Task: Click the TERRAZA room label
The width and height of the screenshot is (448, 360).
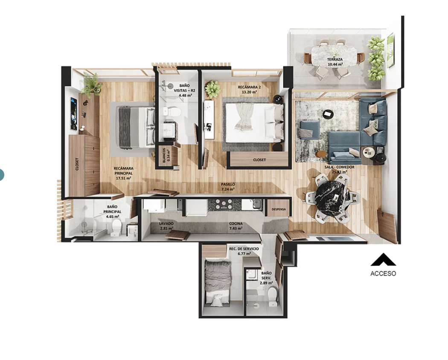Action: click(335, 59)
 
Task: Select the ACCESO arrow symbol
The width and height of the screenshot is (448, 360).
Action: click(383, 259)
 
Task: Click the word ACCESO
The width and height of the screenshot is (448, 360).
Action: click(383, 273)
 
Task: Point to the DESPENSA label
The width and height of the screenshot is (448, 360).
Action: click(279, 209)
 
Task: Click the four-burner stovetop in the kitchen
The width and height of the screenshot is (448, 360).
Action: click(224, 205)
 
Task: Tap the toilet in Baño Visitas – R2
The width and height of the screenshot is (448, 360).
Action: click(172, 111)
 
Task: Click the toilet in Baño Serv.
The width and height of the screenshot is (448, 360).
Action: click(273, 296)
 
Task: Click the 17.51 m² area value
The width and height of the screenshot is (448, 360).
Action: click(123, 178)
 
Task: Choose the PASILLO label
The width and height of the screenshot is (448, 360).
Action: click(228, 184)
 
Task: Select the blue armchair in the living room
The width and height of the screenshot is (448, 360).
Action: click(309, 130)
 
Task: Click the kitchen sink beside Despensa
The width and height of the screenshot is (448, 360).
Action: click(256, 204)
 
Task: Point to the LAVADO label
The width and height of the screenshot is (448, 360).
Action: click(166, 224)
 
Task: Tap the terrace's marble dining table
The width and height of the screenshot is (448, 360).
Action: click(334, 56)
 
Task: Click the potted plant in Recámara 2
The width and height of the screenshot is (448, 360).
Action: click(212, 89)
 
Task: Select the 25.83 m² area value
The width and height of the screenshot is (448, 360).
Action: click(340, 172)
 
